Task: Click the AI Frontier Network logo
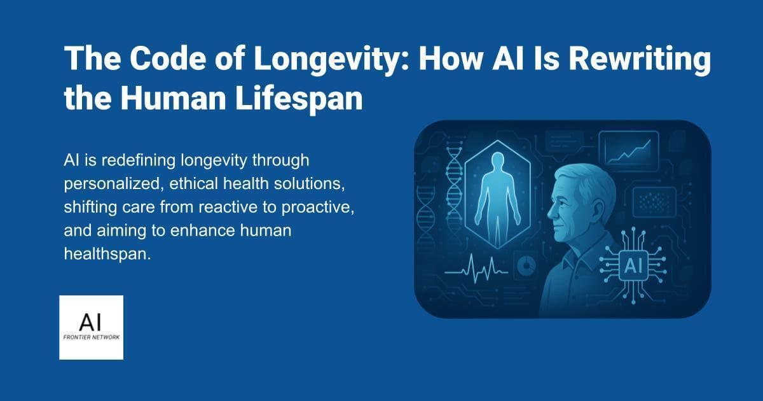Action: (91, 327)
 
